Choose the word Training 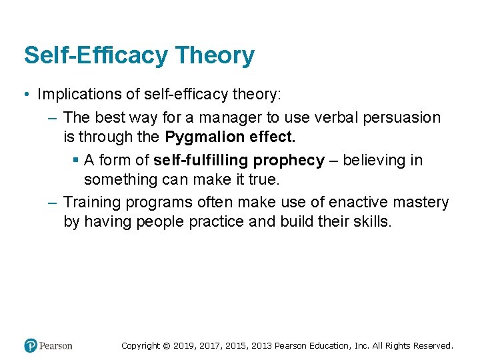[x=89, y=203]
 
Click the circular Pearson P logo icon [x=30, y=345]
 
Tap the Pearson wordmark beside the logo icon [x=56, y=345]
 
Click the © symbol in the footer [x=167, y=345]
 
